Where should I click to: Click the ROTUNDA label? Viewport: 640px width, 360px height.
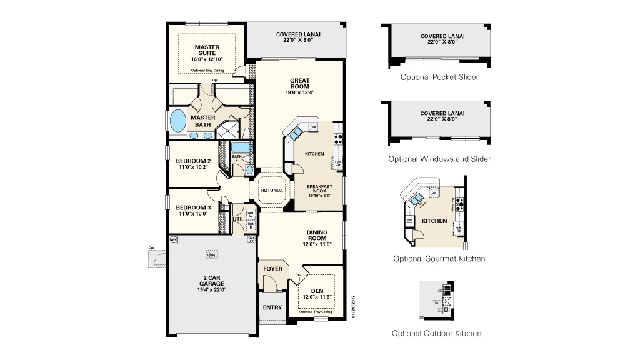click(272, 190)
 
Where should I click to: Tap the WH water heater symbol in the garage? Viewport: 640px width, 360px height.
click(173, 239)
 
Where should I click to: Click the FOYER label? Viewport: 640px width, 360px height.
click(272, 269)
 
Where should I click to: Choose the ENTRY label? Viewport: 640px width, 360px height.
click(272, 307)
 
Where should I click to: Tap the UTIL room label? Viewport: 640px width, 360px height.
click(238, 219)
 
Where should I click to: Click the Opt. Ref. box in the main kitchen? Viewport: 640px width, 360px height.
click(338, 164)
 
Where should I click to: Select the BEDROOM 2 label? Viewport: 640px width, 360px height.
click(193, 161)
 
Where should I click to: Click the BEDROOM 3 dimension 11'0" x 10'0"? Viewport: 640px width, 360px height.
click(193, 214)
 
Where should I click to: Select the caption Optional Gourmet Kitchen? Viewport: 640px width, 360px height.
click(439, 258)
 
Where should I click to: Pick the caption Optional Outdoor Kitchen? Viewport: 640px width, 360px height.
click(437, 333)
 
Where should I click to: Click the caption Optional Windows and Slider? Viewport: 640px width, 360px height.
click(439, 159)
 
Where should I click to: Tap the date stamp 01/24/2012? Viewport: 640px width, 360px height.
click(353, 307)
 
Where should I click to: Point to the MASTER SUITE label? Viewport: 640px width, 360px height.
click(207, 50)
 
